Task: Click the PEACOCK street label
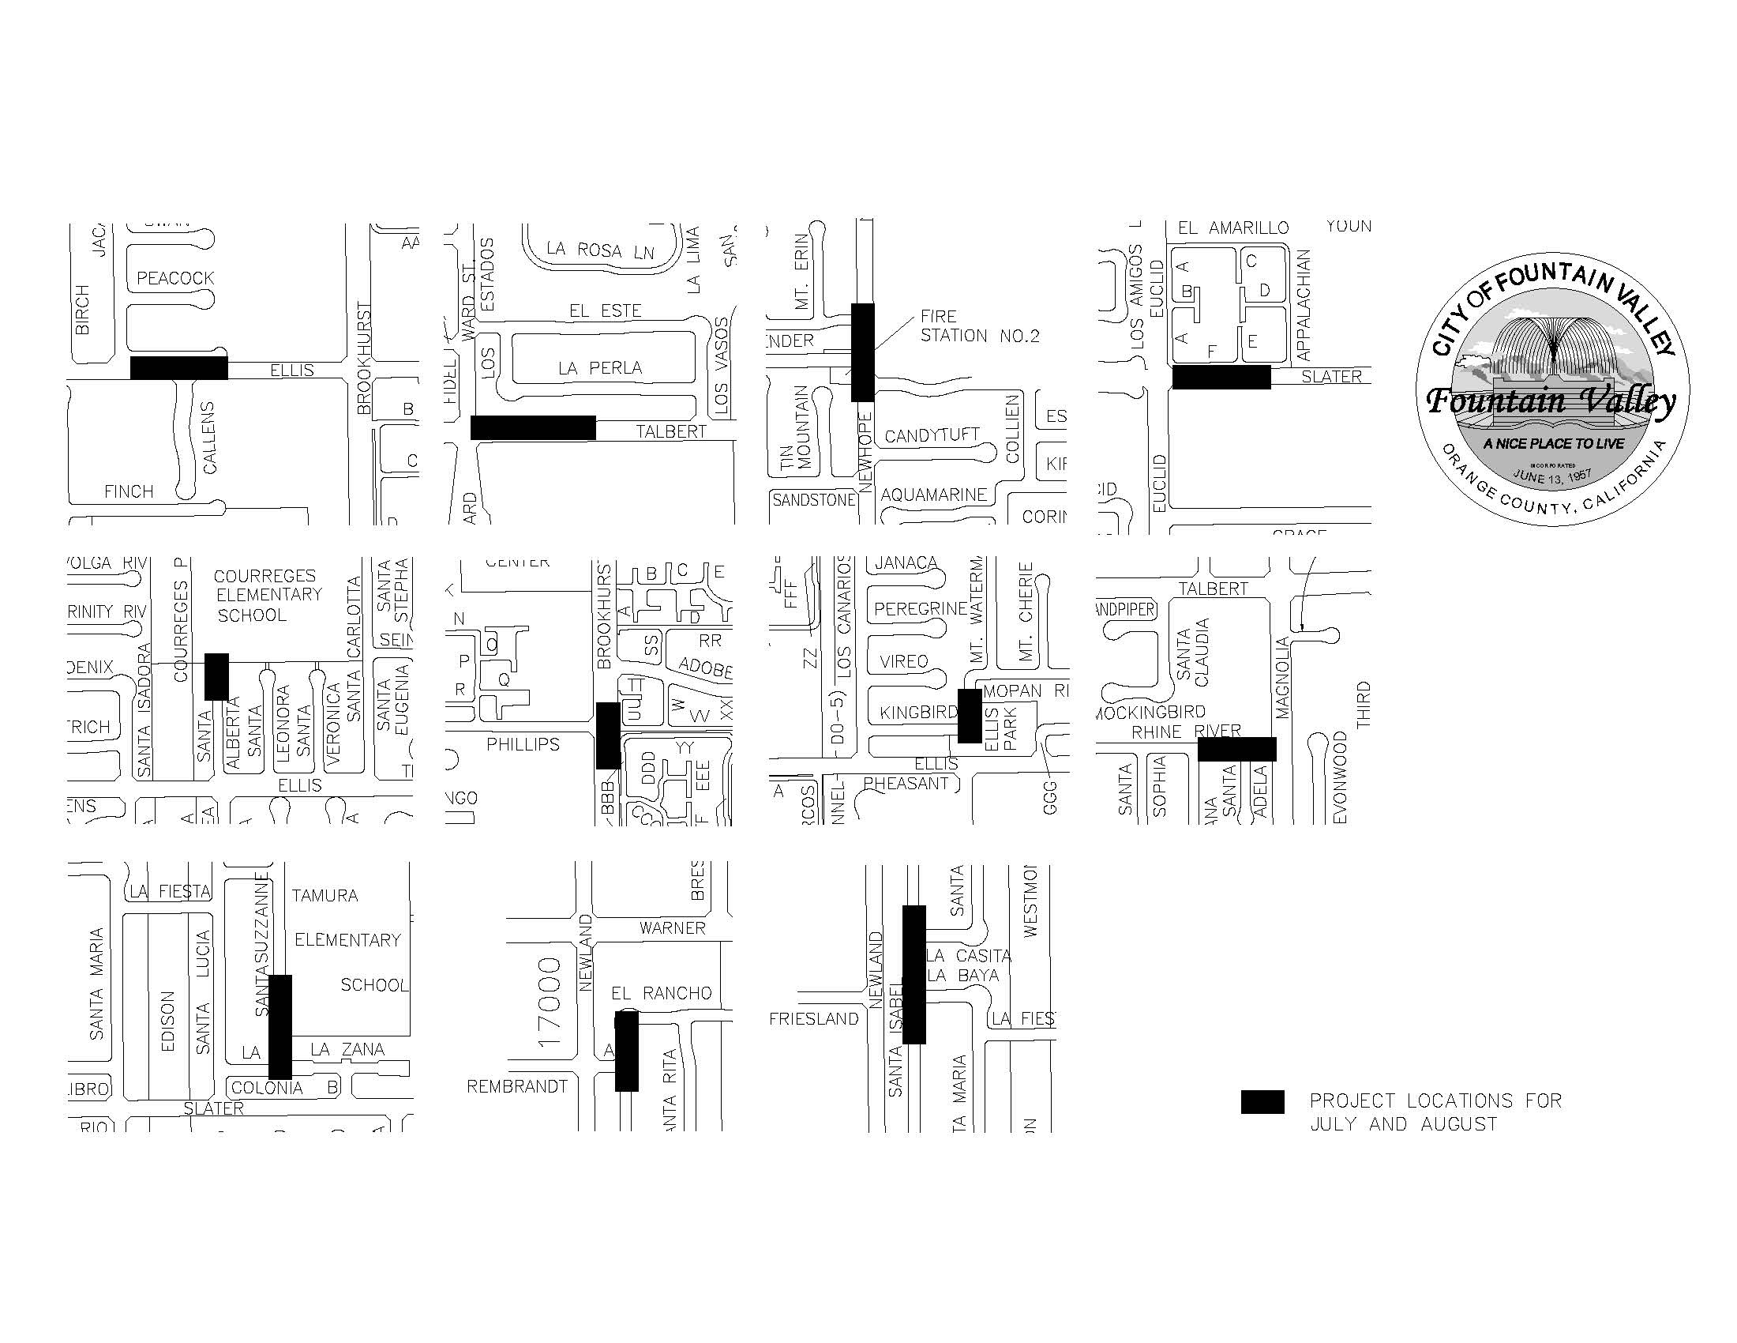(175, 278)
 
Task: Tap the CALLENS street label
(209, 438)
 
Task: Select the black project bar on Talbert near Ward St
(533, 427)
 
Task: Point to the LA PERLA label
(600, 368)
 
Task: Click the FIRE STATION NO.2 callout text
(979, 326)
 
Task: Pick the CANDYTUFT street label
(932, 436)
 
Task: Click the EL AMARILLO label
(1232, 228)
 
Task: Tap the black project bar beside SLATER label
(1221, 377)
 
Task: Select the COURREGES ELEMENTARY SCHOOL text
(268, 595)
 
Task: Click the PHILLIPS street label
(523, 745)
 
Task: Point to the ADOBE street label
(704, 668)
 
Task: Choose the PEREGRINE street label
(920, 609)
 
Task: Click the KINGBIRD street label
(918, 712)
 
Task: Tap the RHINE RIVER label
(1186, 732)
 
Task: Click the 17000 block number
(550, 1002)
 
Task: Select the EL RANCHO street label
(661, 993)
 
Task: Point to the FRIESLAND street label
(813, 1019)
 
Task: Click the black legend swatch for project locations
(1262, 1102)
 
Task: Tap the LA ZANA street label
(347, 1050)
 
